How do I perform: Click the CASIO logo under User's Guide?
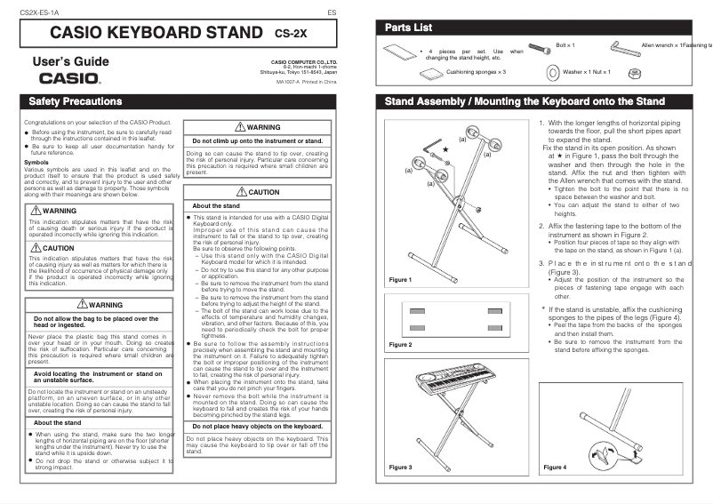coord(63,77)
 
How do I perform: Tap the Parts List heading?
coord(408,28)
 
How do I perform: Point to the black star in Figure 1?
coord(445,153)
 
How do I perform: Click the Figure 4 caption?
coord(555,467)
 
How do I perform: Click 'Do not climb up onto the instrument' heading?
coord(258,141)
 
